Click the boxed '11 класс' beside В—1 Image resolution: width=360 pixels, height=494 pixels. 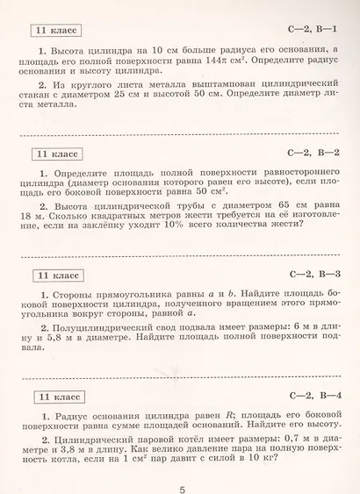click(x=54, y=31)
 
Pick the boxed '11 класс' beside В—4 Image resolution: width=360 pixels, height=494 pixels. click(x=54, y=395)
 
